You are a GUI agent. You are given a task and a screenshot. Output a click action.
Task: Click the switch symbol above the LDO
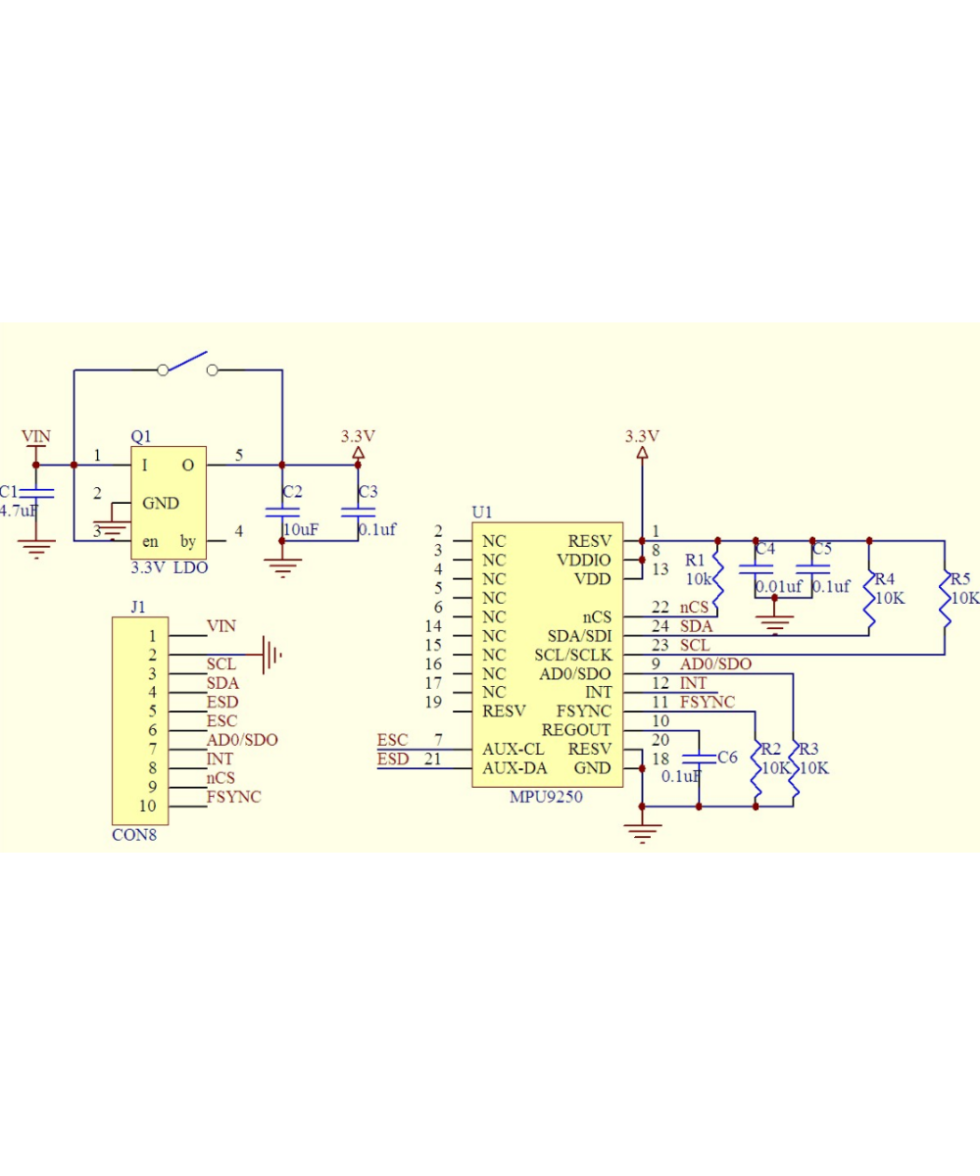pos(187,365)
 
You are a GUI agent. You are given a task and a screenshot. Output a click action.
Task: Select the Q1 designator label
pos(141,436)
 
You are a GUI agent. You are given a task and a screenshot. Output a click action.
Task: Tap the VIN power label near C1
pos(36,435)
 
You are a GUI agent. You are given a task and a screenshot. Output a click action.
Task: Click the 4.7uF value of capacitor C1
pos(19,511)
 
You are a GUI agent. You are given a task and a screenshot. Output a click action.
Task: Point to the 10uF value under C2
pos(301,529)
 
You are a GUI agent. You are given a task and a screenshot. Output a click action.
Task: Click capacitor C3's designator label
pos(367,491)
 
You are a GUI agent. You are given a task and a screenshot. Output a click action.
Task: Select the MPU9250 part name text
pos(546,797)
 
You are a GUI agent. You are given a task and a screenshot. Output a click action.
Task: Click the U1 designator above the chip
pos(482,512)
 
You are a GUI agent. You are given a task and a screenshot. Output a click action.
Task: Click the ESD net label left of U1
pos(393,759)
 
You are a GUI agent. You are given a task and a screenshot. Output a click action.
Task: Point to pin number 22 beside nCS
pos(661,608)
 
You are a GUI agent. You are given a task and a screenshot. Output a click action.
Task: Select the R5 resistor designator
pos(959,578)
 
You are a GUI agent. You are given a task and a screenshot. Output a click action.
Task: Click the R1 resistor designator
pos(695,560)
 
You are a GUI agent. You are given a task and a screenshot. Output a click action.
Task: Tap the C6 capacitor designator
pos(726,757)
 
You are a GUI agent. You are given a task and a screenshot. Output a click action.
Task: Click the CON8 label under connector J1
pos(134,835)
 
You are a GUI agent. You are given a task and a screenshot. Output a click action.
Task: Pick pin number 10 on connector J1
pos(148,806)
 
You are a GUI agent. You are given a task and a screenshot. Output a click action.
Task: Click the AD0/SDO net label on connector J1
pos(241,740)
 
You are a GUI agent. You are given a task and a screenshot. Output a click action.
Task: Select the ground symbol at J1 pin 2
pos(272,650)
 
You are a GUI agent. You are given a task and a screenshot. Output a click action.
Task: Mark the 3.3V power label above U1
pos(643,436)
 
